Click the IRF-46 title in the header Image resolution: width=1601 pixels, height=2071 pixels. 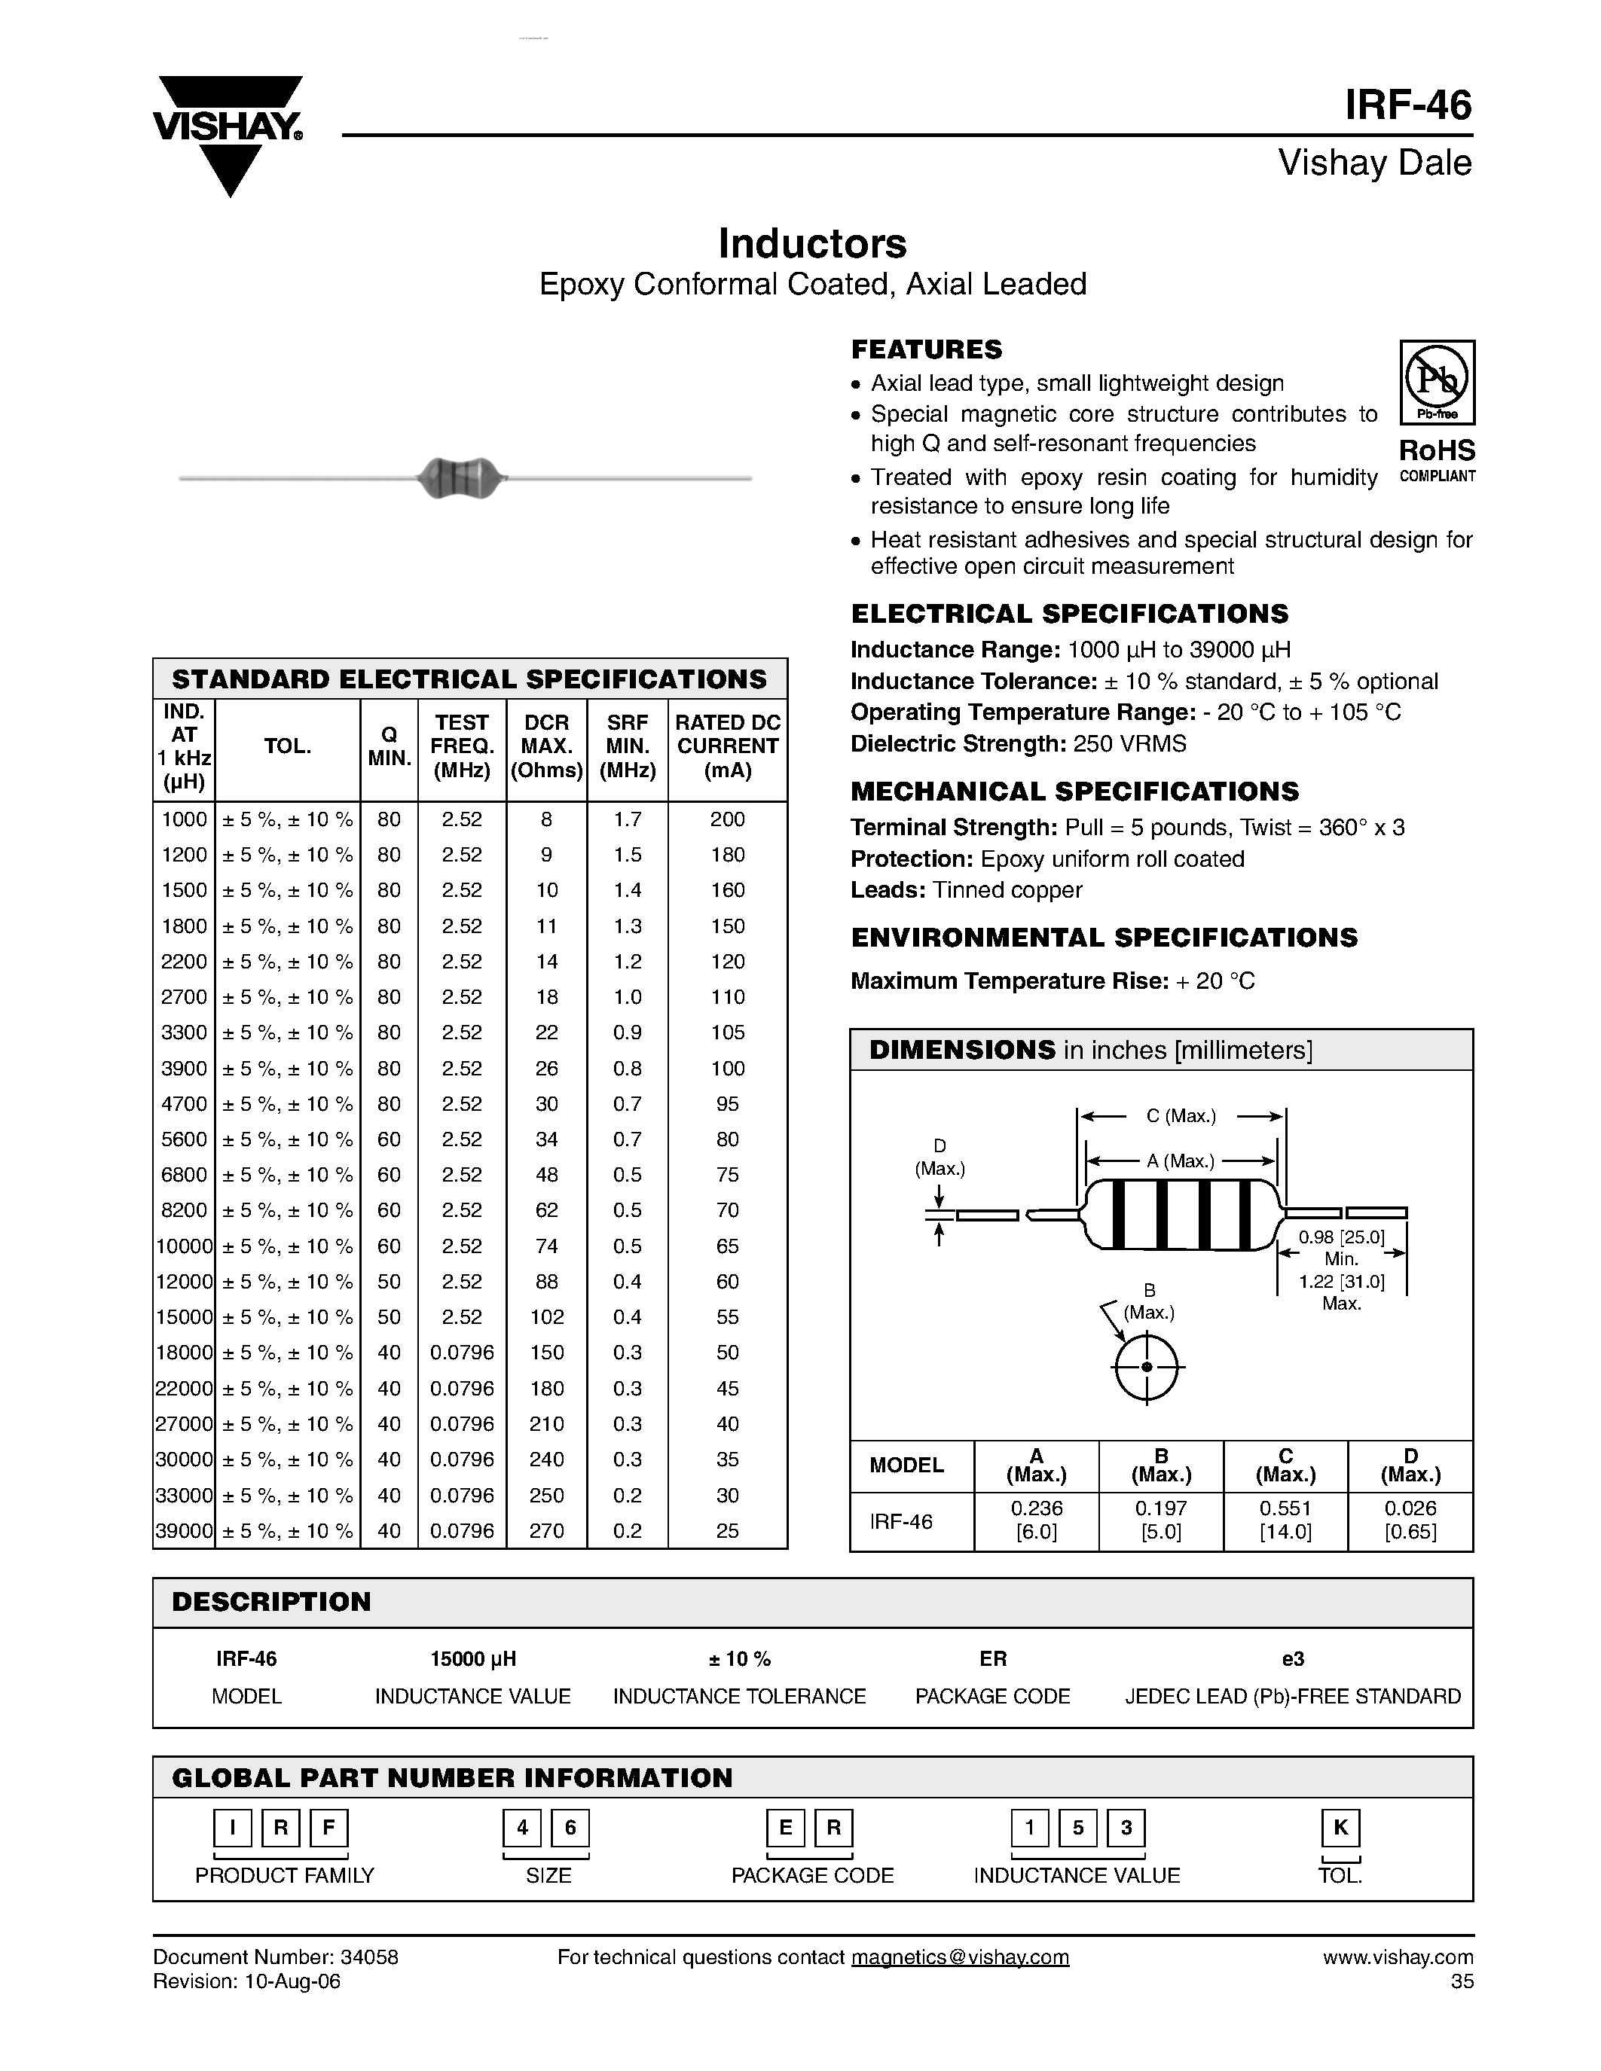click(x=1407, y=105)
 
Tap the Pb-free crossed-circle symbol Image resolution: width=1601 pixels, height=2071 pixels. click(x=1437, y=377)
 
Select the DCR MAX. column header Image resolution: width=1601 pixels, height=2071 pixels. click(x=546, y=746)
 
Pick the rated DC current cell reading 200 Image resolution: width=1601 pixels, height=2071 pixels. click(x=728, y=819)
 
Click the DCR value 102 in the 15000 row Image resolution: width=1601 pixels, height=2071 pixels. click(x=546, y=1317)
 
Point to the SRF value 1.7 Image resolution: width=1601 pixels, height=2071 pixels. click(x=627, y=819)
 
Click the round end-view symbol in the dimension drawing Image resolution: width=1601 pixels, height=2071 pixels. click(x=1147, y=1366)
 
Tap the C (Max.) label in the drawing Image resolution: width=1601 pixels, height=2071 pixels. click(x=1180, y=1116)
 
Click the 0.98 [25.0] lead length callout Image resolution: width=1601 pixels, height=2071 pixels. click(x=1341, y=1237)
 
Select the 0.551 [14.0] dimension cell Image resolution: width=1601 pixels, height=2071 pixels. click(x=1285, y=1520)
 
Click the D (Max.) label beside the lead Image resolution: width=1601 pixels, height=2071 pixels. click(x=939, y=1157)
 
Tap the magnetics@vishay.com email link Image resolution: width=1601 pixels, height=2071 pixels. click(x=960, y=1957)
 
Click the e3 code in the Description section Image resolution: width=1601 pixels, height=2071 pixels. click(x=1293, y=1658)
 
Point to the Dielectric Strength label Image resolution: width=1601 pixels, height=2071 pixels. click(x=958, y=743)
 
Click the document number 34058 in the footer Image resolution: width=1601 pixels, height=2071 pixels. click(x=369, y=1957)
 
